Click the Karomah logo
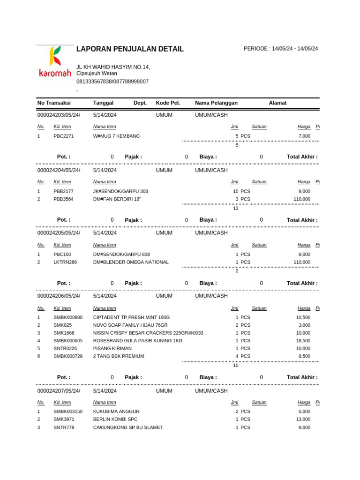pos(55,61)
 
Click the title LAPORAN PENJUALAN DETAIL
pos(130,49)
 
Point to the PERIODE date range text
pos(280,49)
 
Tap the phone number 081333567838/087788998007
pos(112,82)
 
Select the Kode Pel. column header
pos(168,103)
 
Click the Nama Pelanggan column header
pos(216,103)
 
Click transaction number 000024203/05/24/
pos(59,115)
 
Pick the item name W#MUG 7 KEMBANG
pos(116,136)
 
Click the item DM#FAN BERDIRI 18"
pos(117,199)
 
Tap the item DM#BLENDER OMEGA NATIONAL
pos(131,262)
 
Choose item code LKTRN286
pos(65,262)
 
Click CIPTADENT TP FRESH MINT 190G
pos(131,318)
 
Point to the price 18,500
pos(303,341)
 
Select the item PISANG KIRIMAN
pos(112,349)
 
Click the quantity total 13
pos(236,209)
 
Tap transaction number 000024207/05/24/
pos(59,391)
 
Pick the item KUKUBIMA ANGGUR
pos(116,412)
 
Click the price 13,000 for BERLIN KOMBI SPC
pos(303,420)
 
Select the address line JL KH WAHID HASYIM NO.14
pos(113,67)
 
